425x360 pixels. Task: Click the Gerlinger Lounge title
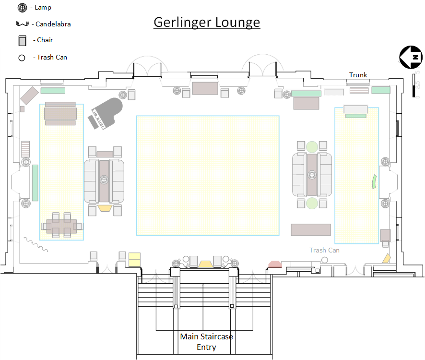click(x=207, y=22)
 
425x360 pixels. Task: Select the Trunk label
click(x=358, y=75)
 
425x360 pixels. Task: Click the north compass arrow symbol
click(x=411, y=57)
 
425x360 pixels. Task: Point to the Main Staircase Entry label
click(x=207, y=342)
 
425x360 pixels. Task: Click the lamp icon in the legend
click(x=22, y=8)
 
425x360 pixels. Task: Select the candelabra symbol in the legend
click(x=22, y=24)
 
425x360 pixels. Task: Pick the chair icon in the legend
click(x=22, y=40)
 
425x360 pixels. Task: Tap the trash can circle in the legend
click(x=22, y=58)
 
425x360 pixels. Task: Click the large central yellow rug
click(x=208, y=176)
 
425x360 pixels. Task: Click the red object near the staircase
click(x=275, y=264)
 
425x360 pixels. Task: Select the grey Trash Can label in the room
click(x=324, y=250)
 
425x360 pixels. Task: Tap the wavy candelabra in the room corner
click(x=36, y=244)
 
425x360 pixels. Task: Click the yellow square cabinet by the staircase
click(x=134, y=260)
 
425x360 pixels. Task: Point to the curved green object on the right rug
click(x=374, y=181)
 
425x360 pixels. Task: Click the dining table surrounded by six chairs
click(x=61, y=226)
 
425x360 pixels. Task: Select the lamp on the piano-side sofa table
click(x=104, y=180)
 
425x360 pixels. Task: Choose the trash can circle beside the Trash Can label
click(x=324, y=260)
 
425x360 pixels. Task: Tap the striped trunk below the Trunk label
click(x=359, y=90)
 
